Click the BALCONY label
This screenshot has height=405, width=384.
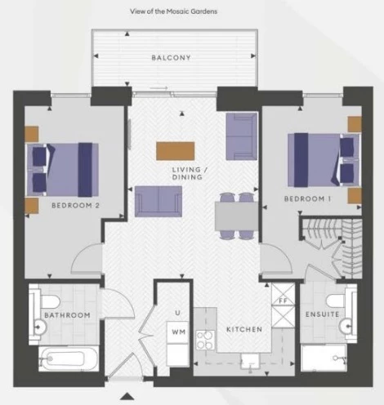point(171,58)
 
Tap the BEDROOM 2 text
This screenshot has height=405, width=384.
point(75,206)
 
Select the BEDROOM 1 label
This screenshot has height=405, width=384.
point(307,199)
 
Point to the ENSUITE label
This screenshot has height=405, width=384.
point(322,314)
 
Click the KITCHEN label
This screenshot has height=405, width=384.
point(244,329)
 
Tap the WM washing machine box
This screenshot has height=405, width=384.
point(177,332)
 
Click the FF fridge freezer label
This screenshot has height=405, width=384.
point(284,301)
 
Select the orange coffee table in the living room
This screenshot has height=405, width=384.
point(176,151)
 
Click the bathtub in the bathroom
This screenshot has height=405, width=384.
point(69,358)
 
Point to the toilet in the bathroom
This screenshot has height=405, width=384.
point(50,302)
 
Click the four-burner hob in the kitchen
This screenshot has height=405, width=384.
point(205,340)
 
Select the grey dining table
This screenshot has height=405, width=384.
point(236,216)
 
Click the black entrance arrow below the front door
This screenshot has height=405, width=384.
point(127,396)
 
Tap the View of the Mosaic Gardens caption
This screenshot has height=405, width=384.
point(173,11)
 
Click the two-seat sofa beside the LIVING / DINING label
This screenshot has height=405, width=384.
point(159,202)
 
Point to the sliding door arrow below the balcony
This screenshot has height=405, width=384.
point(159,88)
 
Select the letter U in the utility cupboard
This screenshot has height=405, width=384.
point(177,313)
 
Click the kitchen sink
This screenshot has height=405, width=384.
point(249,362)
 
